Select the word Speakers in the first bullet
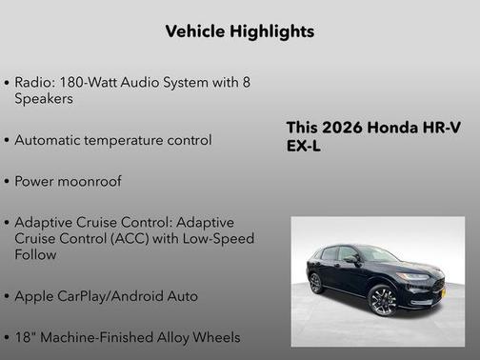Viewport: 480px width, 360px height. [44, 98]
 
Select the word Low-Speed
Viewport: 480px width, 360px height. [219, 238]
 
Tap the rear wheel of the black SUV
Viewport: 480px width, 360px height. [316, 283]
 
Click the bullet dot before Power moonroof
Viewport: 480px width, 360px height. [7, 181]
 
